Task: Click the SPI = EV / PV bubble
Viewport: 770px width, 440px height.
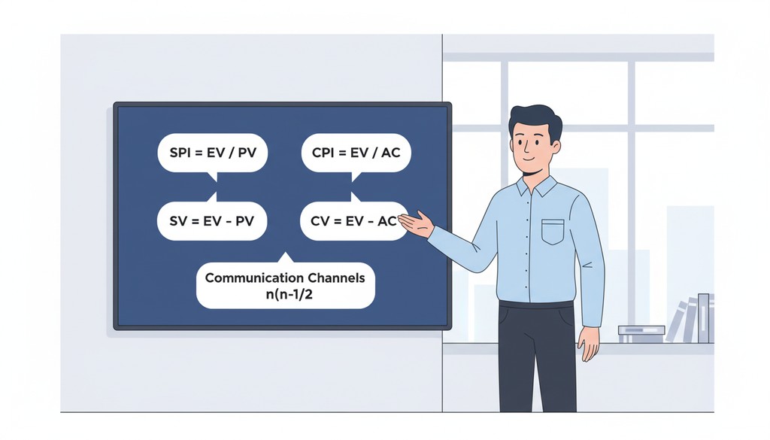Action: tap(213, 153)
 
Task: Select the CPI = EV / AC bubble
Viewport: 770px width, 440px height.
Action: tap(356, 153)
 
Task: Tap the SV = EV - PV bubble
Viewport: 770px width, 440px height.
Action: tap(213, 221)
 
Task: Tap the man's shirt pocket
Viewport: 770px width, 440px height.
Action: tap(553, 232)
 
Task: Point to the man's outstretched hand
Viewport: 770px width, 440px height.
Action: tap(417, 223)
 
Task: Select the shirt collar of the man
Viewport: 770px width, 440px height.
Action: tap(535, 185)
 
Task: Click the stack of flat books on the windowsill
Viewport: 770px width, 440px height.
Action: tap(641, 334)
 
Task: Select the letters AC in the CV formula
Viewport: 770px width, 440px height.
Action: tap(385, 221)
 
